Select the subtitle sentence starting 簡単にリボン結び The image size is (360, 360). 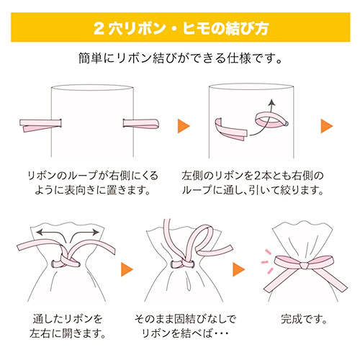179,58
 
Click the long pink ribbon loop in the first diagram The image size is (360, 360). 39,124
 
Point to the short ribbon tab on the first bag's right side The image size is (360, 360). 135,124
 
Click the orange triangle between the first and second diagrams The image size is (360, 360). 184,125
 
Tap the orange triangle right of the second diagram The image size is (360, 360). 327,125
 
